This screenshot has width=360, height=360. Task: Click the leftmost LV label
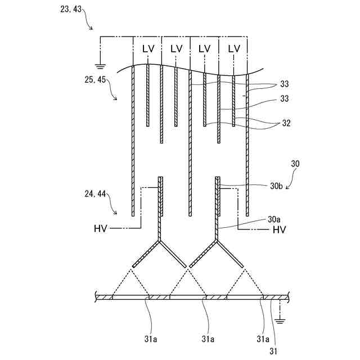[x=148, y=48]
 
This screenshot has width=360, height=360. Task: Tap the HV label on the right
[x=279, y=229]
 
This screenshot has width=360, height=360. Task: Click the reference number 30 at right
[x=296, y=164]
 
